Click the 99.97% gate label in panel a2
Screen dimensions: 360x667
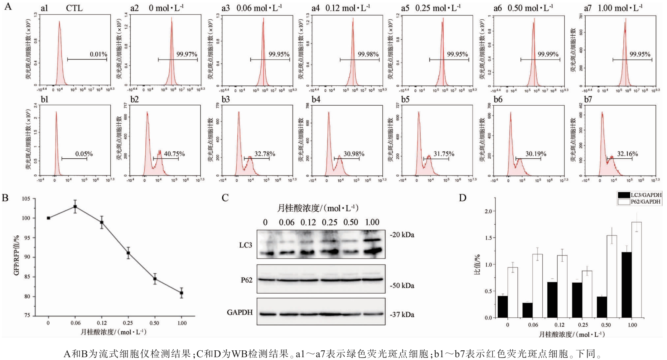coord(187,54)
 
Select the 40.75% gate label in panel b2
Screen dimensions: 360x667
coord(174,154)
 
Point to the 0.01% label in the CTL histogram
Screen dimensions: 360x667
coord(99,54)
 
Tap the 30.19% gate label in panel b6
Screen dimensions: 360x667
coord(536,154)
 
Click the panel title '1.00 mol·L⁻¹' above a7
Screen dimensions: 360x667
coord(620,8)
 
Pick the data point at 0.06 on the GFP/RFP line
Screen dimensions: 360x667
coord(75,206)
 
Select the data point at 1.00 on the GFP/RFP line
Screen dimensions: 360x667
coord(181,293)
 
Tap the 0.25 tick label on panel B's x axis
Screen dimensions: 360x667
coord(128,323)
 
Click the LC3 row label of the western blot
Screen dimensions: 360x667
coord(246,245)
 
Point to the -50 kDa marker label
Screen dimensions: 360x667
coord(402,286)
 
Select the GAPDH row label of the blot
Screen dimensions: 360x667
coord(239,312)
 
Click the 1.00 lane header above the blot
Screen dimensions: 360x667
coord(372,222)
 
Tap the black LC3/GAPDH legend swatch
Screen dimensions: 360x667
coord(624,195)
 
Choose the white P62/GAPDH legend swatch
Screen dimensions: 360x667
coord(624,202)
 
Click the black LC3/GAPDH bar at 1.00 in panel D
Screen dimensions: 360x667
coord(626,285)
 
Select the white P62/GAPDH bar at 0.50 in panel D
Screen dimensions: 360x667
coord(612,276)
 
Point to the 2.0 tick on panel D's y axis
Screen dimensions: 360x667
coord(488,211)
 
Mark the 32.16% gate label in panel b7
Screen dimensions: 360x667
coord(627,154)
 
